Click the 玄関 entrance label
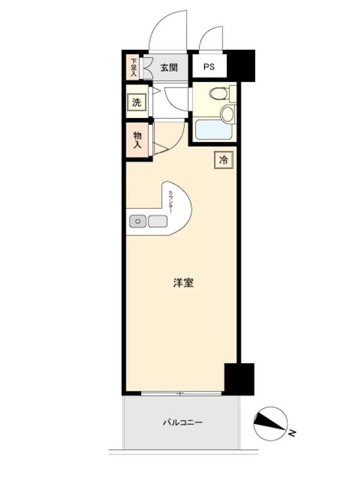click(169, 67)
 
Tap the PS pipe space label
click(209, 67)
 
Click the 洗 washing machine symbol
click(136, 102)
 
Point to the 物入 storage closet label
click(137, 140)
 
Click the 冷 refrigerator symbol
click(224, 159)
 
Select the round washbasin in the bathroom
click(228, 114)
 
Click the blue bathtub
click(214, 130)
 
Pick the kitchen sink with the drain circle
click(138, 221)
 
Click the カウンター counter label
click(170, 202)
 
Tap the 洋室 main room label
click(183, 283)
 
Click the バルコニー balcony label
click(182, 423)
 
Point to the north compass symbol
click(271, 424)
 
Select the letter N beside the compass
click(292, 432)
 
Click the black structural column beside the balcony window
click(239, 379)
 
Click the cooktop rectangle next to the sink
click(157, 221)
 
